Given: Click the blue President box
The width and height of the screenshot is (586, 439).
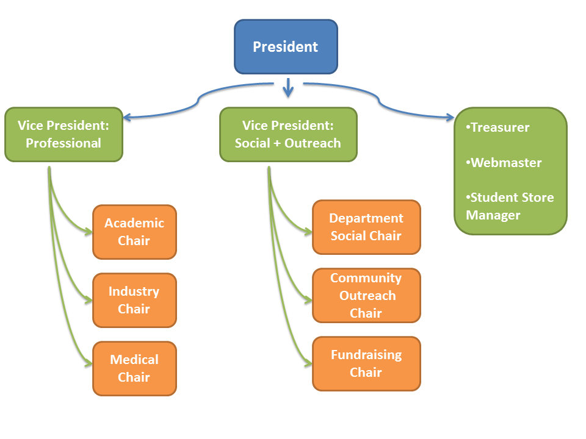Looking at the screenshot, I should (286, 46).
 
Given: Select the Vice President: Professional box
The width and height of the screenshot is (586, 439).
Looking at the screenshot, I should (63, 134).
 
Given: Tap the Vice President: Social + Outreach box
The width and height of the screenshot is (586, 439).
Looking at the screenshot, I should (288, 134).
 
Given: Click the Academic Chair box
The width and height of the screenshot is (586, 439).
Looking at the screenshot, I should (134, 232).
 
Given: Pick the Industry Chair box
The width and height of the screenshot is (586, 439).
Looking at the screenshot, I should (134, 300).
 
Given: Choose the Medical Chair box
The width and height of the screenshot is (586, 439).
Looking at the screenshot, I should (134, 368).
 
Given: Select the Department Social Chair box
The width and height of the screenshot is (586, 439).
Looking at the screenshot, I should (366, 227).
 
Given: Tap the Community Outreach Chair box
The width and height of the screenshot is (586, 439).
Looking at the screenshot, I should (366, 295).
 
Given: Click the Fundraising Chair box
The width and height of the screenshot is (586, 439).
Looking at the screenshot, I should (366, 363).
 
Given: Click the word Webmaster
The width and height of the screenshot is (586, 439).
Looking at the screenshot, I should (506, 163).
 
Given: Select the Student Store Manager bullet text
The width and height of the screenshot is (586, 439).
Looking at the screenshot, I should (510, 206).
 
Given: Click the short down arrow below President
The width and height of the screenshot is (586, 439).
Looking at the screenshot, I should (288, 90).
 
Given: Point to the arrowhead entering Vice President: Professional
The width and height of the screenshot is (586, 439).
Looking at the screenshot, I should (127, 117).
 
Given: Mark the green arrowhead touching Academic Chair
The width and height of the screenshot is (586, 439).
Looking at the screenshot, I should (89, 232).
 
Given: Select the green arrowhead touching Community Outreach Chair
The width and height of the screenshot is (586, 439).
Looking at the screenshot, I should (308, 299).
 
